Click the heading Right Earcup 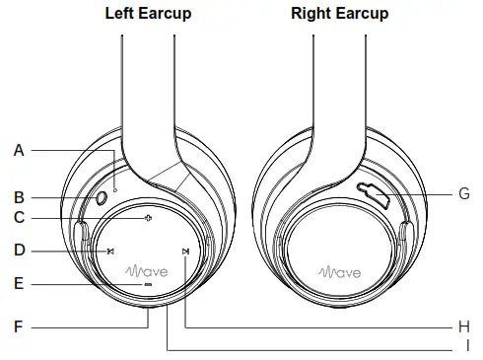(340, 14)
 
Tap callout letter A (19, 150)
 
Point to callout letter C (19, 218)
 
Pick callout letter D (19, 251)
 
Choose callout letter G (464, 194)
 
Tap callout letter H (464, 324)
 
